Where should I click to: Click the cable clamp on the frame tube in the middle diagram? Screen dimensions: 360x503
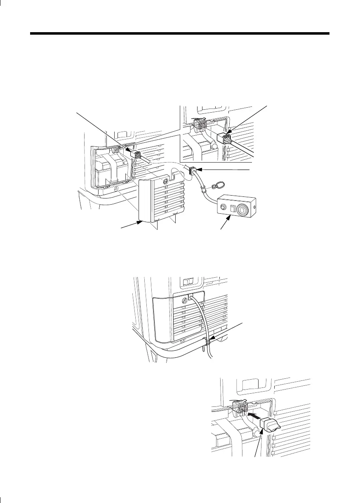click(210, 341)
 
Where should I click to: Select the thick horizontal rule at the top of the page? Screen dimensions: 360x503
click(180, 33)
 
